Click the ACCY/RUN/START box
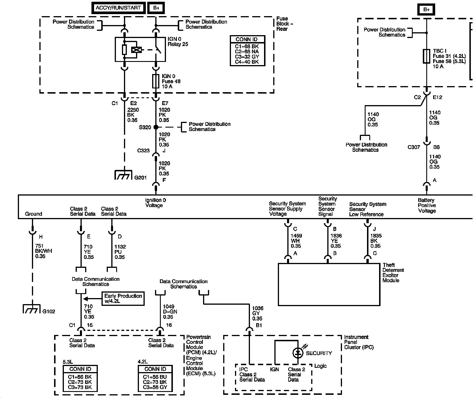(x=118, y=8)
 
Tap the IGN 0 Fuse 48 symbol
(x=156, y=81)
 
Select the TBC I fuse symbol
(x=426, y=56)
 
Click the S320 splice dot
(x=156, y=127)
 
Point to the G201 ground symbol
(x=123, y=175)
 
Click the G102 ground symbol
(x=31, y=309)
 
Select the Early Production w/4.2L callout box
(x=123, y=299)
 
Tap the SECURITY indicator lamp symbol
(x=298, y=353)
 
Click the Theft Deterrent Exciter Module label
(x=393, y=273)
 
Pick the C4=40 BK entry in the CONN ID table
(x=247, y=62)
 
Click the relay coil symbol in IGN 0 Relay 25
(x=136, y=50)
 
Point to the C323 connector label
(x=143, y=151)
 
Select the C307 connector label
(x=414, y=147)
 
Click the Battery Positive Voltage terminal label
(x=427, y=205)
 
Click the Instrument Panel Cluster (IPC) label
(x=359, y=342)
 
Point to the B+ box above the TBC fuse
(x=426, y=10)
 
